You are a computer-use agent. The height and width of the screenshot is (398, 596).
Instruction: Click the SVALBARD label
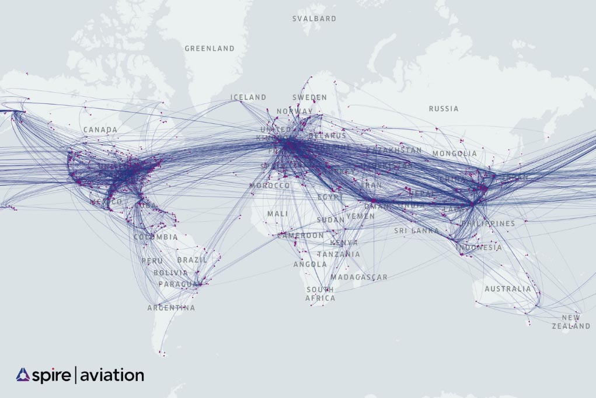pyautogui.click(x=314, y=19)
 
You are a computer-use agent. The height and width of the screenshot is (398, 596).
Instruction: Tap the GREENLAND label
pyautogui.click(x=210, y=48)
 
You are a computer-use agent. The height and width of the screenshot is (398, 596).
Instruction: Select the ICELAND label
pyautogui.click(x=248, y=97)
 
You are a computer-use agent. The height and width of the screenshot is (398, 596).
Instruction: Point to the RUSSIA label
pyautogui.click(x=444, y=109)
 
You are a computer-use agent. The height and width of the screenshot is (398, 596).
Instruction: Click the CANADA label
pyautogui.click(x=100, y=130)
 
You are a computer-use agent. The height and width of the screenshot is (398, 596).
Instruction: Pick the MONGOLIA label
pyautogui.click(x=455, y=153)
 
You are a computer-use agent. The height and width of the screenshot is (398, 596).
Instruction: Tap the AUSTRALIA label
pyautogui.click(x=508, y=289)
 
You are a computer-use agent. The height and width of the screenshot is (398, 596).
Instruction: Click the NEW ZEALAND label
pyautogui.click(x=571, y=322)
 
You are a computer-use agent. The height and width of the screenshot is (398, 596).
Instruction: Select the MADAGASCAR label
pyautogui.click(x=358, y=277)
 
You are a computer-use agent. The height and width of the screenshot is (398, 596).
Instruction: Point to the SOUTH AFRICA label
pyautogui.click(x=320, y=294)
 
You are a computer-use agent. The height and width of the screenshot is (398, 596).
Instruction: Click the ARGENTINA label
pyautogui.click(x=171, y=308)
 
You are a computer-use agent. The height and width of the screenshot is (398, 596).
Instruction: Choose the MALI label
pyautogui.click(x=277, y=214)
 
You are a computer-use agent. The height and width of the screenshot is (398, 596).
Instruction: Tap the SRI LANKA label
pyautogui.click(x=416, y=231)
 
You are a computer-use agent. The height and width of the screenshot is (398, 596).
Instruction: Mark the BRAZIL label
pyautogui.click(x=191, y=260)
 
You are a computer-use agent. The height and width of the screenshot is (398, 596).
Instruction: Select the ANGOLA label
pyautogui.click(x=310, y=264)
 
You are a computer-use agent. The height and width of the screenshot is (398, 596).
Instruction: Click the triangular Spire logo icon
pyautogui.click(x=23, y=375)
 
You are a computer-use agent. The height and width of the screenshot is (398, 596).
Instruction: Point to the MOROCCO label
pyautogui.click(x=269, y=186)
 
